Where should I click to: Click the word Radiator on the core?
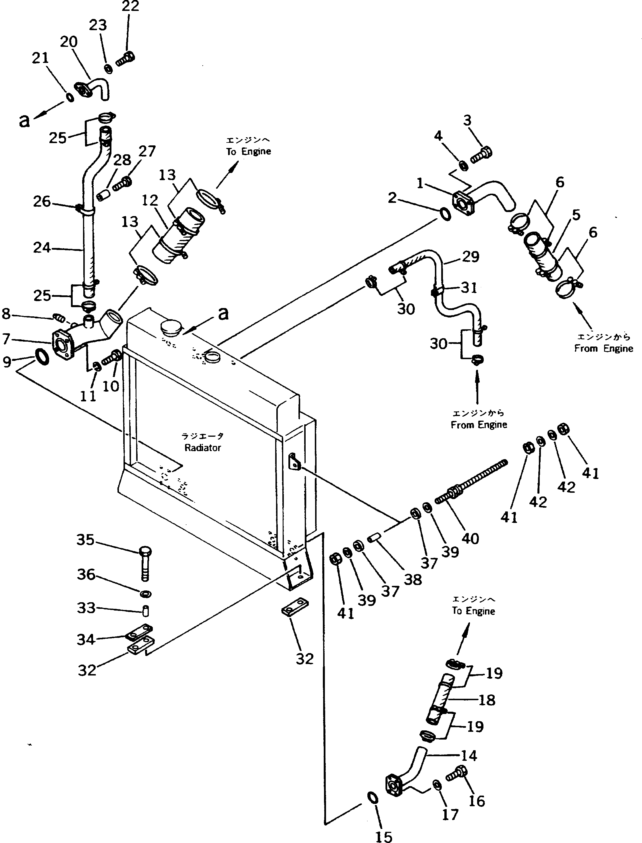(203, 448)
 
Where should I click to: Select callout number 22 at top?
(130, 7)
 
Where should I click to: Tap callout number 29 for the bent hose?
(471, 257)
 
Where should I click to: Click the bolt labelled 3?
(481, 155)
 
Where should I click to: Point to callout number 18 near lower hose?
(487, 700)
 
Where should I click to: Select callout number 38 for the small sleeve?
(413, 580)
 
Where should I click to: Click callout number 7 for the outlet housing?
(6, 338)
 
